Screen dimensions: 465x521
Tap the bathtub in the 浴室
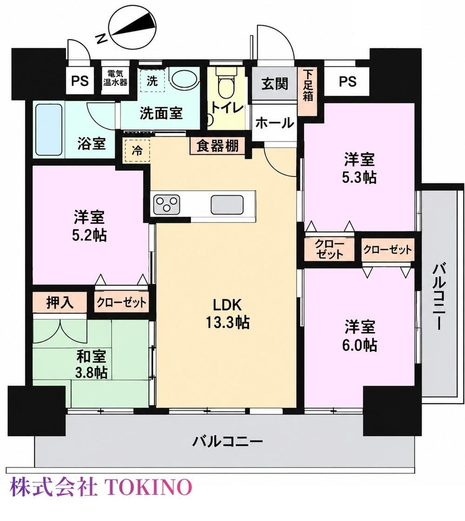click(49, 129)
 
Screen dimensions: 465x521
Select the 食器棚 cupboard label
click(218, 146)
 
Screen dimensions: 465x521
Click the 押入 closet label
click(60, 302)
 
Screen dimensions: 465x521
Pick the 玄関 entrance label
click(274, 84)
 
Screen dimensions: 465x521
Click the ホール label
click(275, 123)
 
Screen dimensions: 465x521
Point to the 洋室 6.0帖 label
click(360, 336)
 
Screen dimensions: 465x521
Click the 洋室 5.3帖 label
click(360, 168)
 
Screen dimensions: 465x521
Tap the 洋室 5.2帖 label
click(89, 226)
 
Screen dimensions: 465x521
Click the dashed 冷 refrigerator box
click(138, 151)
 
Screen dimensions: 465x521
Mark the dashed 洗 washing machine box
click(152, 81)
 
